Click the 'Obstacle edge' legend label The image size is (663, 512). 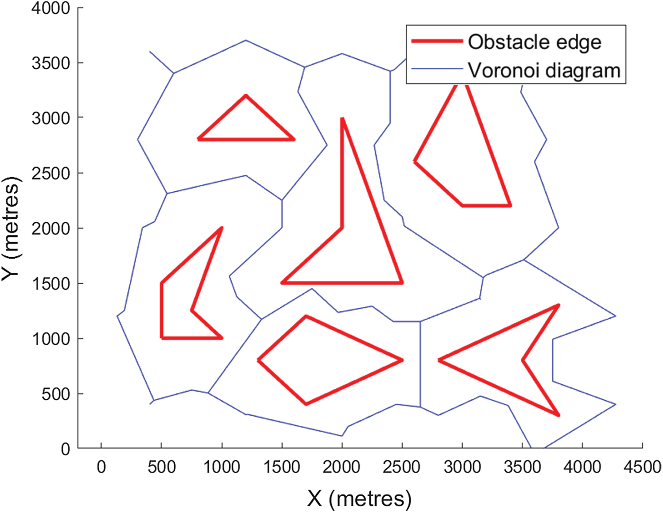pyautogui.click(x=535, y=42)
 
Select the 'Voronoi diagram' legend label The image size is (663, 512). pyautogui.click(x=544, y=71)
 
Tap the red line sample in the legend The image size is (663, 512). pyautogui.click(x=437, y=41)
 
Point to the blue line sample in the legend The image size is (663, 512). pyautogui.click(x=437, y=69)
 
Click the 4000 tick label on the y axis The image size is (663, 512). pyautogui.click(x=51, y=8)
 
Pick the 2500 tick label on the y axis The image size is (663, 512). pyautogui.click(x=51, y=173)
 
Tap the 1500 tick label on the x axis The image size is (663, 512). pyautogui.click(x=282, y=467)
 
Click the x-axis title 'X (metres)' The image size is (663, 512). pyautogui.click(x=359, y=498)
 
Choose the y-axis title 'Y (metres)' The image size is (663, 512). pyautogui.click(x=11, y=228)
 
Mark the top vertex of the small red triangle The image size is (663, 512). pyautogui.click(x=246, y=96)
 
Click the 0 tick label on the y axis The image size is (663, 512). pyautogui.click(x=65, y=449)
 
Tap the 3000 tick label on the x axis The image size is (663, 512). pyautogui.click(x=462, y=467)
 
